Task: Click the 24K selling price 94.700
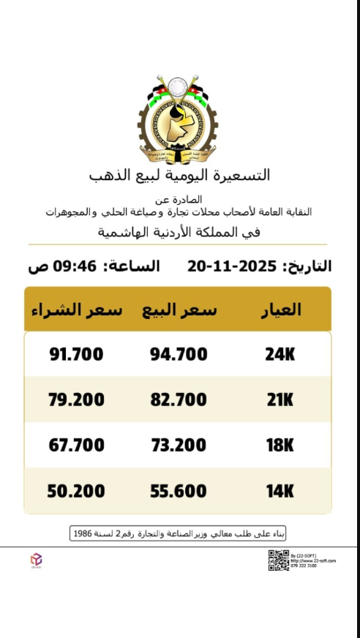(179, 355)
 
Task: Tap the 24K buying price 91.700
(76, 355)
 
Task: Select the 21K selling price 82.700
(179, 400)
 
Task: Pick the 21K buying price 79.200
(76, 400)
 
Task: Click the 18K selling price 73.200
(179, 446)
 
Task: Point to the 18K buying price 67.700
(76, 446)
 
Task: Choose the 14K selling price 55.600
(179, 491)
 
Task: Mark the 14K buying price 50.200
(76, 491)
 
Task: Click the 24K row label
(280, 355)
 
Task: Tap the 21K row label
(280, 400)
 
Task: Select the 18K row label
(280, 446)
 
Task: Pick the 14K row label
(280, 491)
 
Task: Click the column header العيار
(281, 309)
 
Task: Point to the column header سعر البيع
(179, 309)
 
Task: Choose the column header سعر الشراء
(77, 309)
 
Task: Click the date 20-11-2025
(233, 266)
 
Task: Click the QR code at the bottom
(278, 560)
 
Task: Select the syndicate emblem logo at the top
(178, 117)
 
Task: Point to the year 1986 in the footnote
(83, 533)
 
